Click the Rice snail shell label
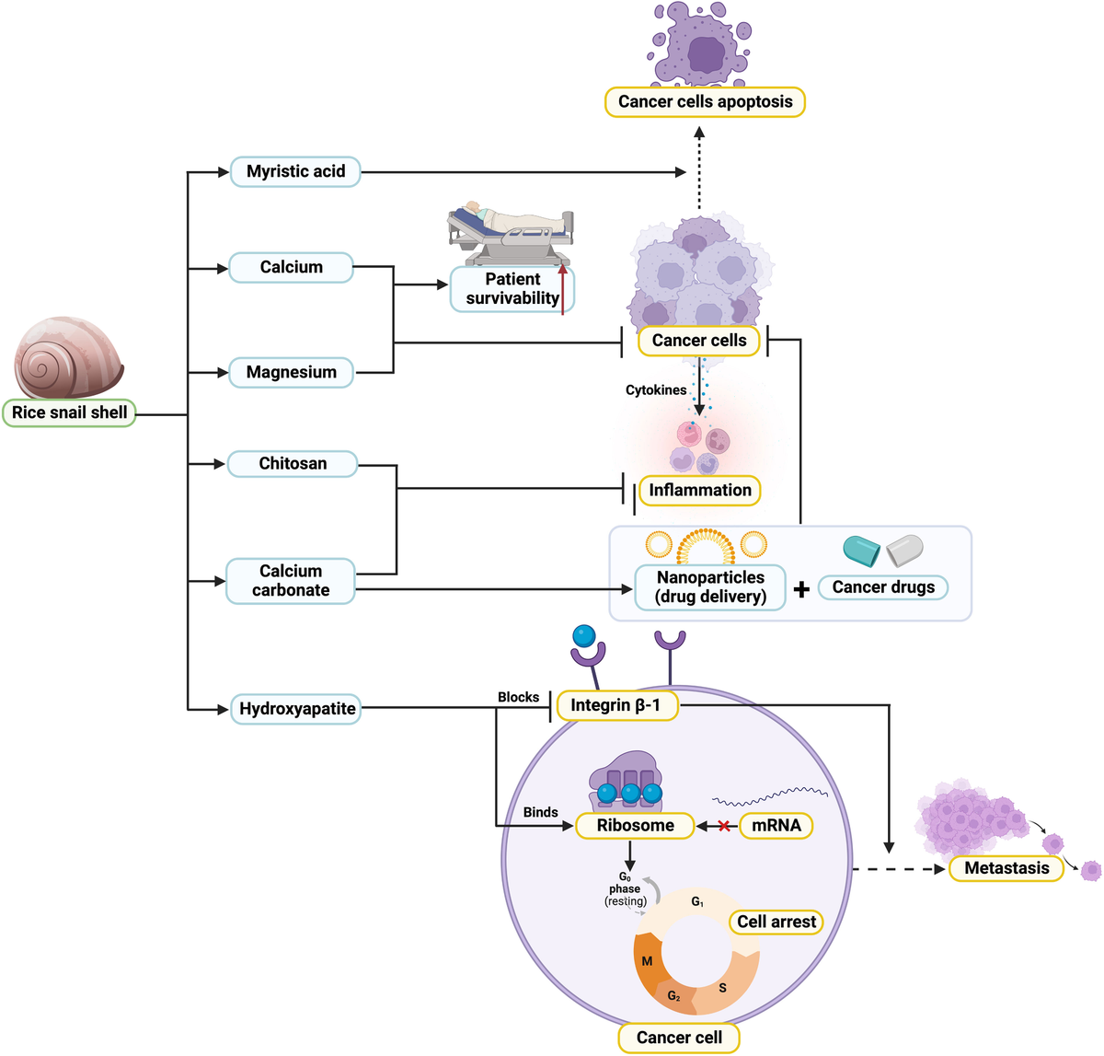(x=69, y=412)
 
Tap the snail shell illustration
(x=67, y=358)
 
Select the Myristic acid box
(x=294, y=171)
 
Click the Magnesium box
(x=291, y=372)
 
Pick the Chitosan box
(x=292, y=463)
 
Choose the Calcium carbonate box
(x=290, y=581)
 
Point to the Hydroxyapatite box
(x=296, y=709)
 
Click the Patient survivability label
(x=512, y=289)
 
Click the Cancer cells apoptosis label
(x=705, y=101)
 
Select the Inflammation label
(x=699, y=490)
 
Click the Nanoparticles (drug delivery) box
(x=709, y=587)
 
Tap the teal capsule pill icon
(x=862, y=550)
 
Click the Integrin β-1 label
(x=615, y=705)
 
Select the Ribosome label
(x=635, y=825)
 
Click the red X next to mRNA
(x=724, y=826)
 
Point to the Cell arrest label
(x=776, y=922)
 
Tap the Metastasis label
(x=1006, y=867)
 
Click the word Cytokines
(x=655, y=390)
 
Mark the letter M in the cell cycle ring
(x=647, y=961)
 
